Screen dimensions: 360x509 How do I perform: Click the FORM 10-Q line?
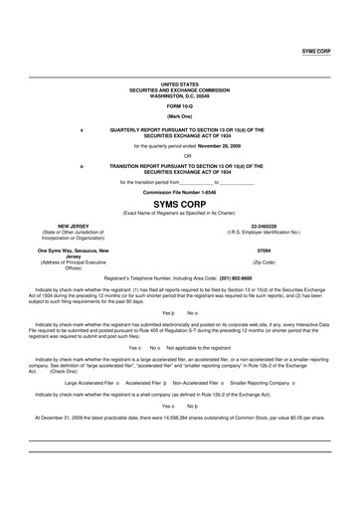(x=179, y=106)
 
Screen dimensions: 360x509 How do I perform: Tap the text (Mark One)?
(x=179, y=116)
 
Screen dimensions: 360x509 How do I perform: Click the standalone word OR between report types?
(x=179, y=155)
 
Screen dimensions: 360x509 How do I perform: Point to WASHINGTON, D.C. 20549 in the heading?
(x=179, y=95)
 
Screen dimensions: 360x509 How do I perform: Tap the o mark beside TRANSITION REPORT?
(x=82, y=165)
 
